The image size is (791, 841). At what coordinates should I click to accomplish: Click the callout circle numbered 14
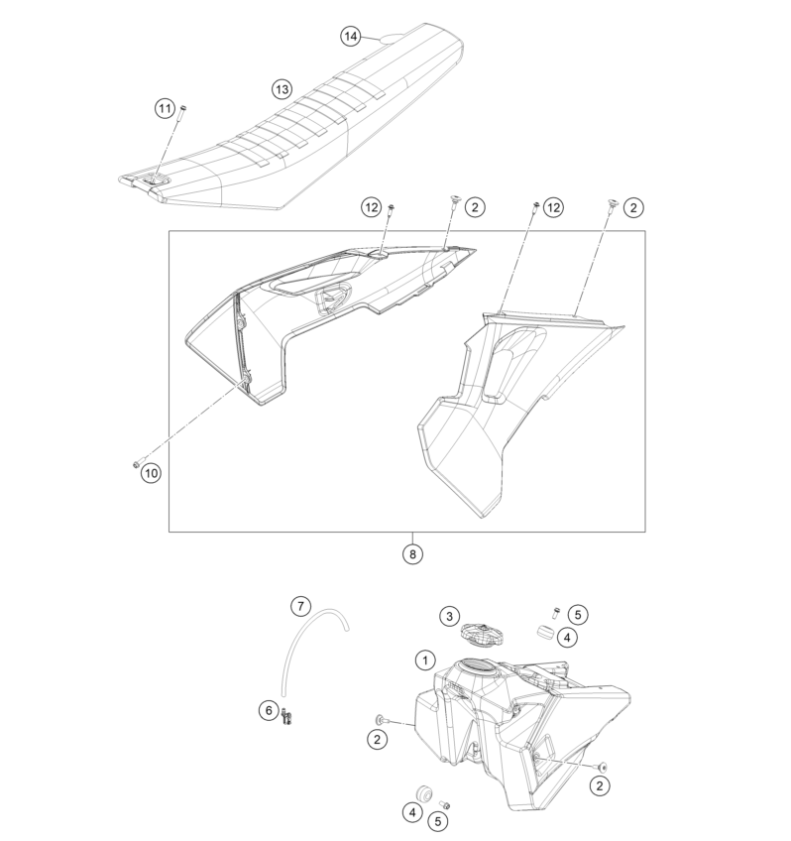coord(351,37)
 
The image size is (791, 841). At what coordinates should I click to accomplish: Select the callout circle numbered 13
coord(282,89)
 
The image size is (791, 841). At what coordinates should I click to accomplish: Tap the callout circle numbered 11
coord(166,109)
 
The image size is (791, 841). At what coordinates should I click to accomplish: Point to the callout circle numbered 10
coord(151,473)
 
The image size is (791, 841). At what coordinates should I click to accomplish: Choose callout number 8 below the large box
coord(412,554)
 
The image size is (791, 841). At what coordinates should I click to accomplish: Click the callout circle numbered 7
coord(300,607)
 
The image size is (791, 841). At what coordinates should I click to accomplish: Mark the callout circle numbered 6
coord(269,711)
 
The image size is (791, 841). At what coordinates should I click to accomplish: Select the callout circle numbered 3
coord(450,616)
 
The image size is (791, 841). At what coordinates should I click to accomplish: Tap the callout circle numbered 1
coord(425,660)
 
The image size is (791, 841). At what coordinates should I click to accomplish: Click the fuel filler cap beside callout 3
coord(482,636)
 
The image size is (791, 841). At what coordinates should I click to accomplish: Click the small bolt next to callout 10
coord(136,464)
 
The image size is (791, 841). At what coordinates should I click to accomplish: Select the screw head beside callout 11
coord(183,108)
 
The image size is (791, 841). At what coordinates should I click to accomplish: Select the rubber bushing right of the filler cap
coord(546,632)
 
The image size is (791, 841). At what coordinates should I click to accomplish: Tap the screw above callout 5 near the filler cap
coord(556,612)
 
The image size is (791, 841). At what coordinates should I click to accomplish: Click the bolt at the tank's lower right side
coord(603,768)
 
